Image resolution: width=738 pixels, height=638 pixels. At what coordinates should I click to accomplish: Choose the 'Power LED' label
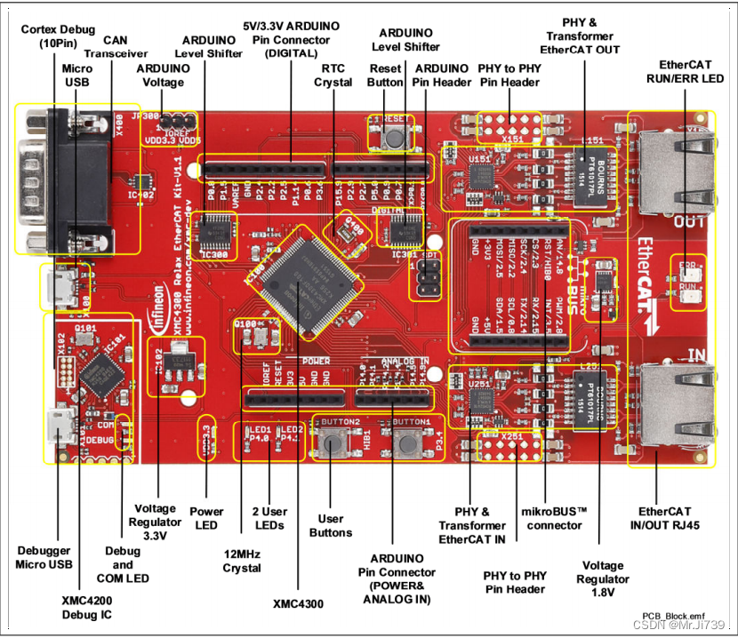[x=206, y=518]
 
